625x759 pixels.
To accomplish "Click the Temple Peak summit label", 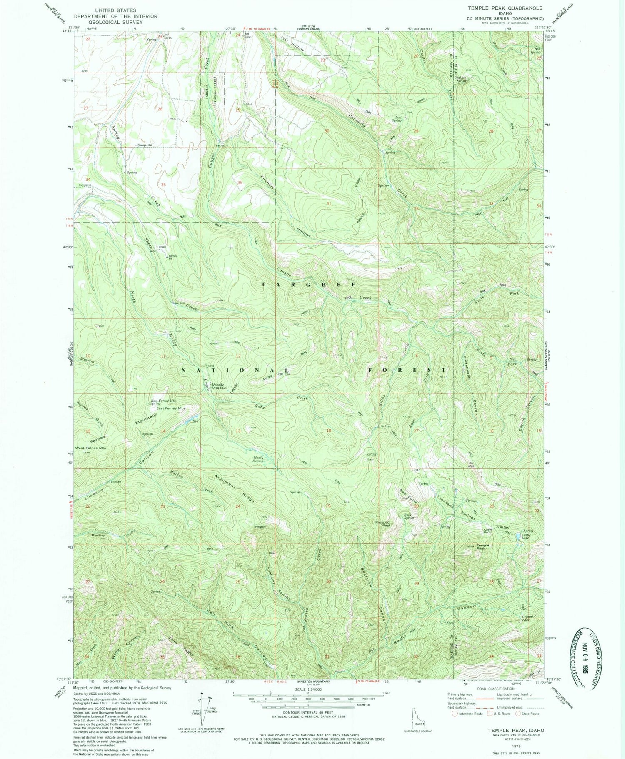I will tap(483, 547).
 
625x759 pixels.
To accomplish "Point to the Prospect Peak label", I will tap(383, 524).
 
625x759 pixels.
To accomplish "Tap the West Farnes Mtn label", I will tap(90, 448).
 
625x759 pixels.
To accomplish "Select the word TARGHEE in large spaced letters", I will tap(309, 284).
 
